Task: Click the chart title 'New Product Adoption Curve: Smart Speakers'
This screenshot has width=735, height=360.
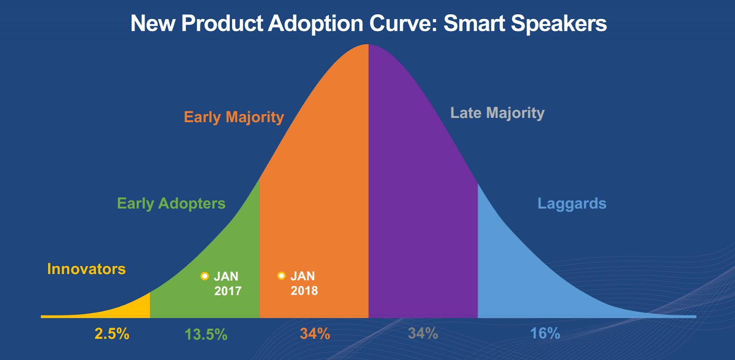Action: click(368, 23)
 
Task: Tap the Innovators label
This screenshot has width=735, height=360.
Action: click(86, 269)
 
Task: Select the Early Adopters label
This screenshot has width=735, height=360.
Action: click(171, 203)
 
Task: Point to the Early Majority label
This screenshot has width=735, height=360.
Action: click(234, 117)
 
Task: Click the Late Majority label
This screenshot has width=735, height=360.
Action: click(497, 113)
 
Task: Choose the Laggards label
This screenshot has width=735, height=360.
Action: click(572, 203)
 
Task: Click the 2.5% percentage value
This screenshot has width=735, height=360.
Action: click(112, 334)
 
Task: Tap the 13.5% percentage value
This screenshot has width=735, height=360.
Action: click(206, 334)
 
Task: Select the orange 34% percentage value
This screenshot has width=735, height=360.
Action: click(315, 334)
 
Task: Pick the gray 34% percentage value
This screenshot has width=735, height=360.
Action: click(423, 333)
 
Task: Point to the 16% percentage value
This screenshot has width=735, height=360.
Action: click(545, 333)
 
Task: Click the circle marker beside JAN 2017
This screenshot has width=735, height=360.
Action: click(205, 276)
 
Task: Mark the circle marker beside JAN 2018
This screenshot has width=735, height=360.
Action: click(282, 276)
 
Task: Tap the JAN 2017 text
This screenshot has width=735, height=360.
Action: click(227, 283)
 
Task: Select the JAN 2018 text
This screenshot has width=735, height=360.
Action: click(304, 283)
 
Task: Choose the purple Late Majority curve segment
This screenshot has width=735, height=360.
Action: click(423, 207)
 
